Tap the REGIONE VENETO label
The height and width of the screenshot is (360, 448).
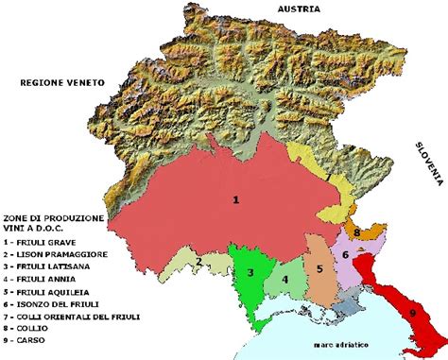[x=60, y=84]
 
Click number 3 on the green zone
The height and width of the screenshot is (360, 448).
[x=250, y=272]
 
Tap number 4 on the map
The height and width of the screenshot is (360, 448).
[x=284, y=279]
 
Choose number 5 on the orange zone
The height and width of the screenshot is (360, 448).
[x=320, y=268]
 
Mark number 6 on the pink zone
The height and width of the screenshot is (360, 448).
[x=346, y=254]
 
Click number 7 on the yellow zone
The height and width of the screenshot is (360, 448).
[x=328, y=177]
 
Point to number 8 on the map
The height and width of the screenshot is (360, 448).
[x=356, y=231]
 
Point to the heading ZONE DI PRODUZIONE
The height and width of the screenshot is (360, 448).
[x=53, y=217]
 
